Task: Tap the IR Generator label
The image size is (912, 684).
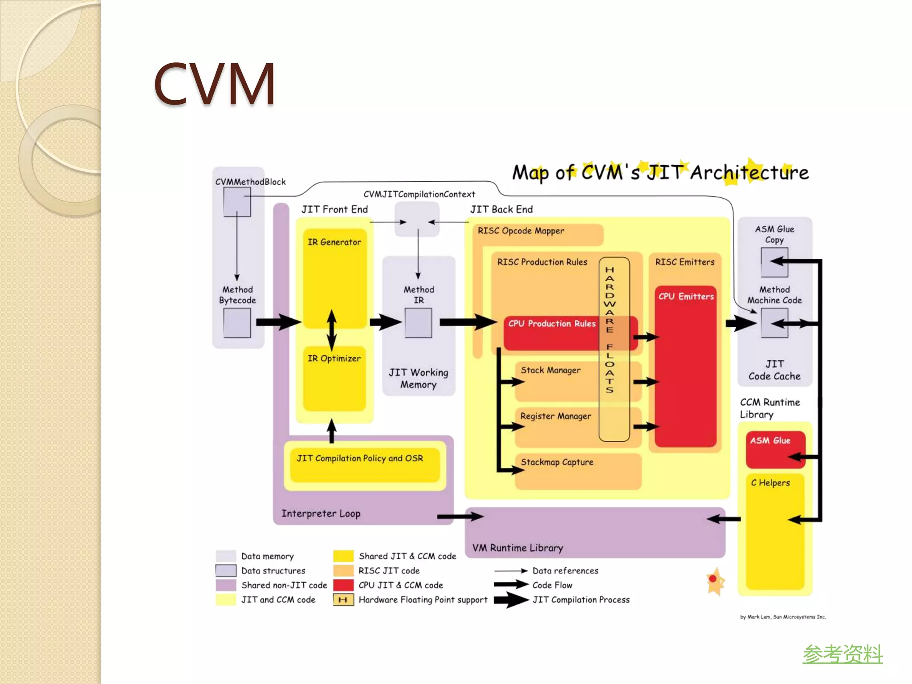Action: pyautogui.click(x=334, y=242)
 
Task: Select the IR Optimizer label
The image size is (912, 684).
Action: pyautogui.click(x=334, y=358)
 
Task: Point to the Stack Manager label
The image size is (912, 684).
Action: pyautogui.click(x=550, y=370)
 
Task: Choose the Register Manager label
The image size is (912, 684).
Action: pyautogui.click(x=555, y=416)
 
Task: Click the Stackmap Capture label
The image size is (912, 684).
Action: pyautogui.click(x=557, y=462)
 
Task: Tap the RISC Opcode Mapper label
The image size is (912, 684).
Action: pyautogui.click(x=521, y=231)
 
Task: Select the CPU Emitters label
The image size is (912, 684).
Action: pyautogui.click(x=686, y=297)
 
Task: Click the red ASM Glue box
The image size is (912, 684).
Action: pyautogui.click(x=775, y=449)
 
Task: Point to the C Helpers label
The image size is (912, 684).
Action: pyautogui.click(x=770, y=483)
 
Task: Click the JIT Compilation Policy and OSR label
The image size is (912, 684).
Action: pyautogui.click(x=360, y=459)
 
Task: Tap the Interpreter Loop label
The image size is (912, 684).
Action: pyautogui.click(x=321, y=514)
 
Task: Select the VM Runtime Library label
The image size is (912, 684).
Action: pyautogui.click(x=517, y=548)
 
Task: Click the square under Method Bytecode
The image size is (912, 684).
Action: pyautogui.click(x=237, y=323)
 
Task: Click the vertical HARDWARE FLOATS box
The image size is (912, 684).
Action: pyautogui.click(x=614, y=350)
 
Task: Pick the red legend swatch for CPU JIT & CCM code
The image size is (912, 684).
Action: pyautogui.click(x=343, y=585)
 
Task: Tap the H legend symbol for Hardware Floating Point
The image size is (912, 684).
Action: pyautogui.click(x=343, y=600)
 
